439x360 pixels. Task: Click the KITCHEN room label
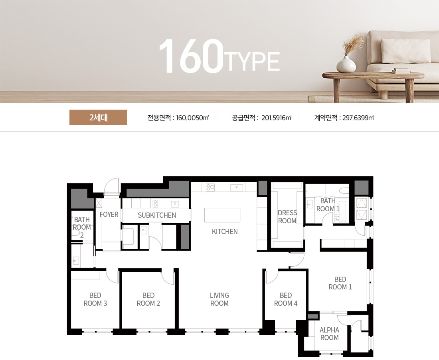click(225, 232)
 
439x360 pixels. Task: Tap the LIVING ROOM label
click(219, 299)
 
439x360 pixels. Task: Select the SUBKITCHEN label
click(157, 215)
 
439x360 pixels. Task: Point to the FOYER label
click(109, 214)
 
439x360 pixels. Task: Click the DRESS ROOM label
click(287, 217)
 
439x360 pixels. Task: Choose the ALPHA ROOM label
click(329, 334)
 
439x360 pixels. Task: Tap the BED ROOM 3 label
click(95, 299)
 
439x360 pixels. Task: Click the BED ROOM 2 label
click(148, 299)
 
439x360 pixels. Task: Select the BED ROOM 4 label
click(286, 299)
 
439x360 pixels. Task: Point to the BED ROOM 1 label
click(340, 283)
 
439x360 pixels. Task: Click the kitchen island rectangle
click(222, 215)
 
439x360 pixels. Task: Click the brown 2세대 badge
click(98, 118)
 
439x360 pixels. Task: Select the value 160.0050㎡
click(192, 118)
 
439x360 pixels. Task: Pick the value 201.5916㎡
click(276, 118)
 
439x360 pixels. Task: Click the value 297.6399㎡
click(358, 118)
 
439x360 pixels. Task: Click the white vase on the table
click(346, 64)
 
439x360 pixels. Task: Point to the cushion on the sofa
click(405, 51)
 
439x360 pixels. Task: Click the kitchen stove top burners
click(210, 187)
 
